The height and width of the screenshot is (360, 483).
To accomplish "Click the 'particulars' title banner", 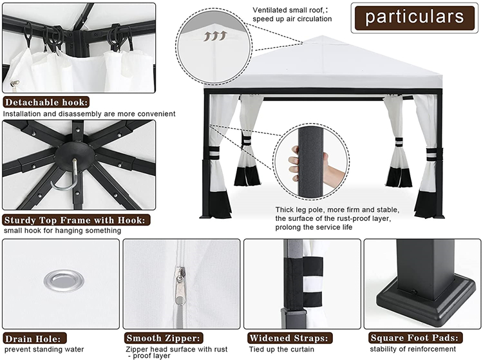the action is point(414,18).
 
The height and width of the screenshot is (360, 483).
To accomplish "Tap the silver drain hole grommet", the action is point(64,281).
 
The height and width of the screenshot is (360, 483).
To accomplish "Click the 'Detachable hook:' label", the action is point(46,102).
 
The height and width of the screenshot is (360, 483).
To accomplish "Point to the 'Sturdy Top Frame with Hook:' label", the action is point(76,220).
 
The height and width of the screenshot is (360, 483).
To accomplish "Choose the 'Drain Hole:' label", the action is point(35,339).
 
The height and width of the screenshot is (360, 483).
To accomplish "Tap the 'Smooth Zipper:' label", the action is point(164,338).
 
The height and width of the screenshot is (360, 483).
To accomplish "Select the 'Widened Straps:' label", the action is point(290,338).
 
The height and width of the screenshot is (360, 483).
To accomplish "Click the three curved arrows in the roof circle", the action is point(215,35).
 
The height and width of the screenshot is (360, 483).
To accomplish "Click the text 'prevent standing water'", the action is point(44,350).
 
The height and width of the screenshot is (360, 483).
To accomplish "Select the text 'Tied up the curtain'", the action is point(281,350).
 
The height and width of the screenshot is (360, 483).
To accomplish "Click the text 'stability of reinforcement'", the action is point(413,349).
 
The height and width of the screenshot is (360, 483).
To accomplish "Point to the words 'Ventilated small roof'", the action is point(288,10).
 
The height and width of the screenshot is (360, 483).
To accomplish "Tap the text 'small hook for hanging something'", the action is point(62,231).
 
